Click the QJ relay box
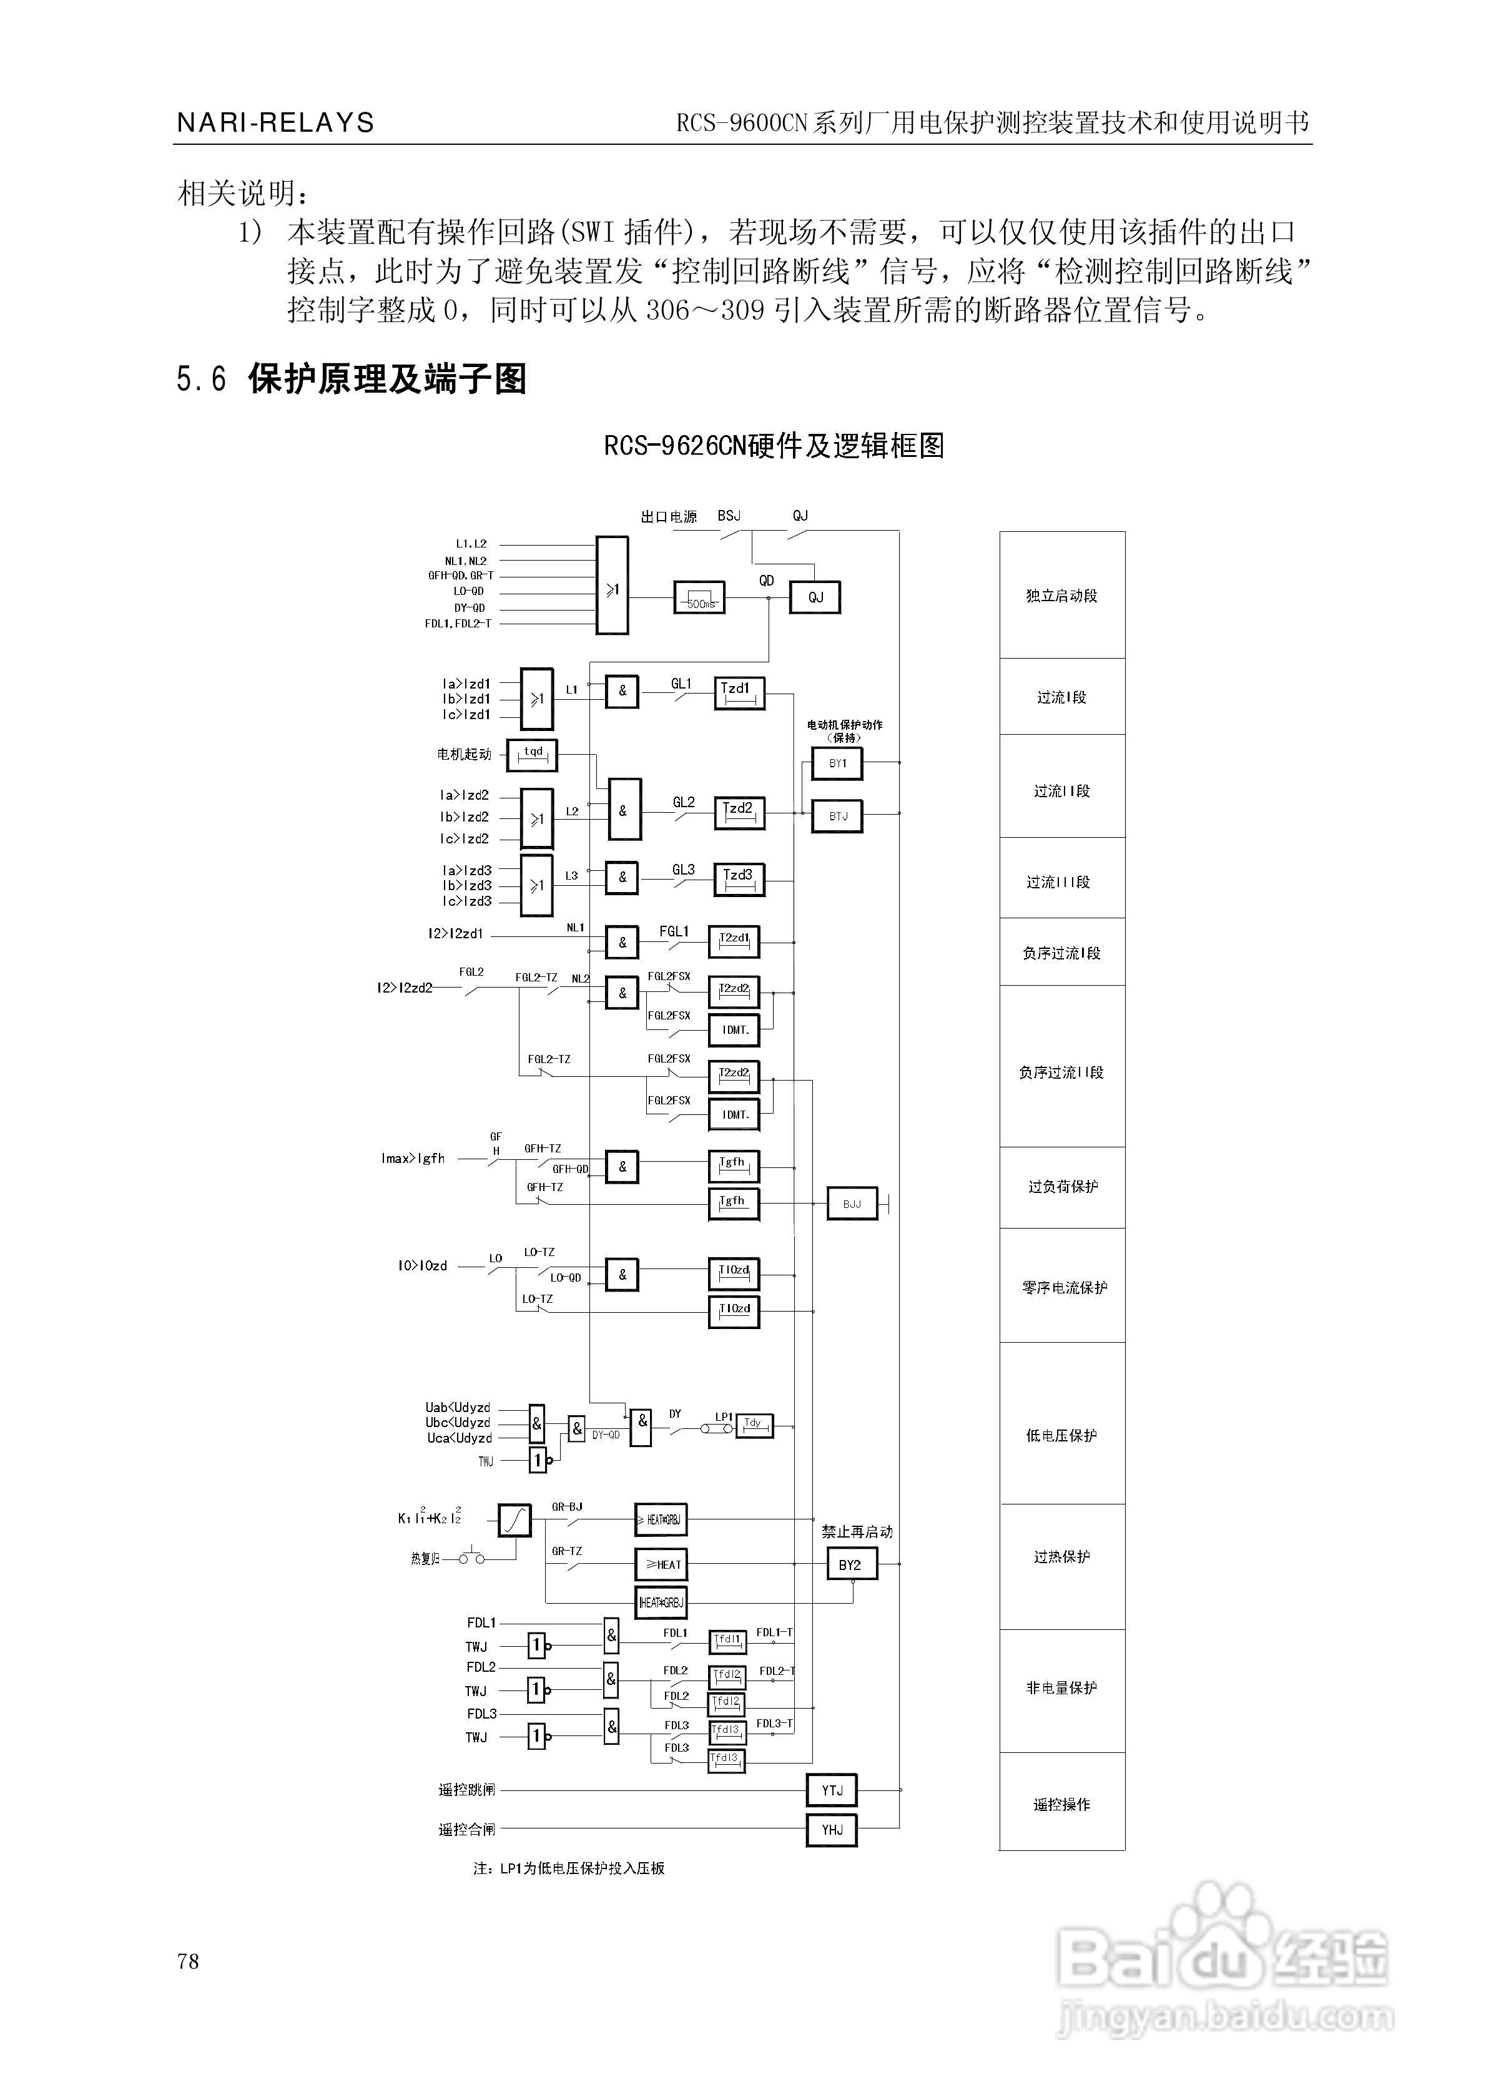coord(814,597)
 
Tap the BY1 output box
coord(837,763)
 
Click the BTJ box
coord(837,816)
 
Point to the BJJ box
coord(852,1204)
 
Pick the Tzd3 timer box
coord(739,879)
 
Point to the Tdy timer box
coord(754,1425)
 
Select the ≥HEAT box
coord(661,1565)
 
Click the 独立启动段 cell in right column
coord(1061,596)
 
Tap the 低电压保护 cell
coord(1061,1436)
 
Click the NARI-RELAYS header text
coord(275,122)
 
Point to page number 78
coord(189,1961)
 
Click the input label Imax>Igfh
coord(413,1159)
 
